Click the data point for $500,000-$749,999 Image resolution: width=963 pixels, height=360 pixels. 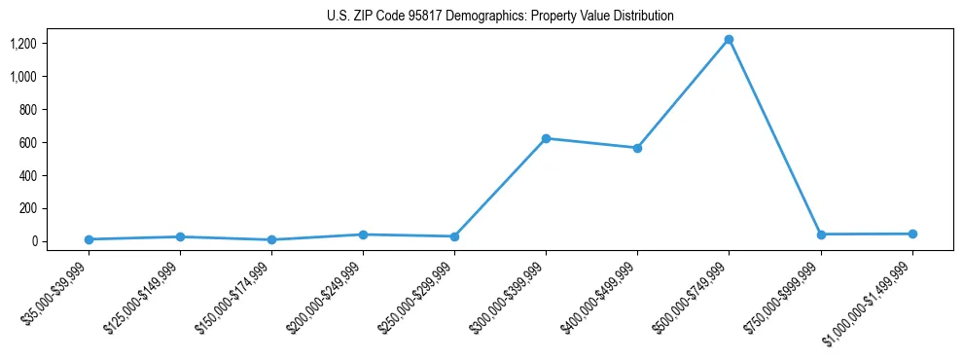point(729,40)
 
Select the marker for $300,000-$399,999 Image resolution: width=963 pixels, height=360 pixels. point(546,138)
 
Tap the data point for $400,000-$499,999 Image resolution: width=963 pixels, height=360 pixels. point(637,148)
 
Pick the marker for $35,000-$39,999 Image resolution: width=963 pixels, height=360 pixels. point(89,239)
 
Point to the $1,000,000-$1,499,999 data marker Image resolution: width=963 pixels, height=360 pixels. point(911,234)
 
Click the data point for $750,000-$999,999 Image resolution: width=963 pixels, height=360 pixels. point(820,234)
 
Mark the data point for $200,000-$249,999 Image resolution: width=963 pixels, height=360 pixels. point(363,234)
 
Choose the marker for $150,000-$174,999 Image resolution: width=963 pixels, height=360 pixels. point(271,239)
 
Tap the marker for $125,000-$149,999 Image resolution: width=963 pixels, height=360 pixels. point(180,236)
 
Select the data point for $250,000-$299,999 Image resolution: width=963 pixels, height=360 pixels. point(454,236)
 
